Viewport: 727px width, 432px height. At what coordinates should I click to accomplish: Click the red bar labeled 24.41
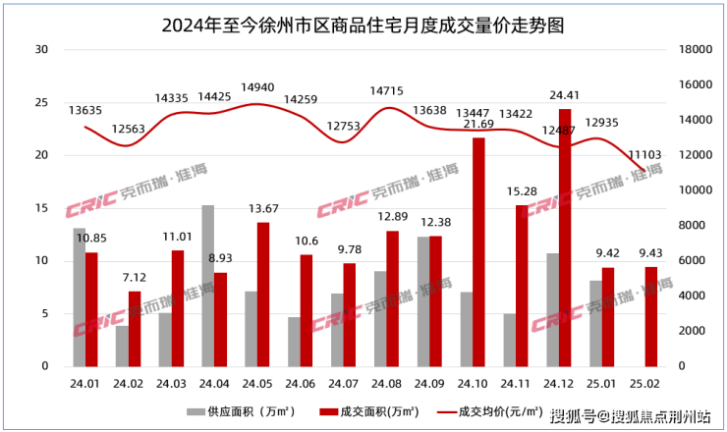coord(564,237)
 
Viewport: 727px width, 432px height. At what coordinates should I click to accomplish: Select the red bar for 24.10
coord(478,251)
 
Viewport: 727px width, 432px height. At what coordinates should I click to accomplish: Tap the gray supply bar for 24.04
coord(207,285)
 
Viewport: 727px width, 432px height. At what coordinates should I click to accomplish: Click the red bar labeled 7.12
coord(135,328)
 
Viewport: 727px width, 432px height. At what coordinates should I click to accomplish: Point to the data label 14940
coord(258,86)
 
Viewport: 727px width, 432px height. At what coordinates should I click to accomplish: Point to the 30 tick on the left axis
coord(40,49)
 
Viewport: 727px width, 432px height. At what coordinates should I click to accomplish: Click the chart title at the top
coord(363,20)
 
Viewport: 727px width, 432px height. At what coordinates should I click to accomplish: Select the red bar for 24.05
coord(263,294)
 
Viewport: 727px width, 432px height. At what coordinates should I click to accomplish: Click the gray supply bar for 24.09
coord(422,300)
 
